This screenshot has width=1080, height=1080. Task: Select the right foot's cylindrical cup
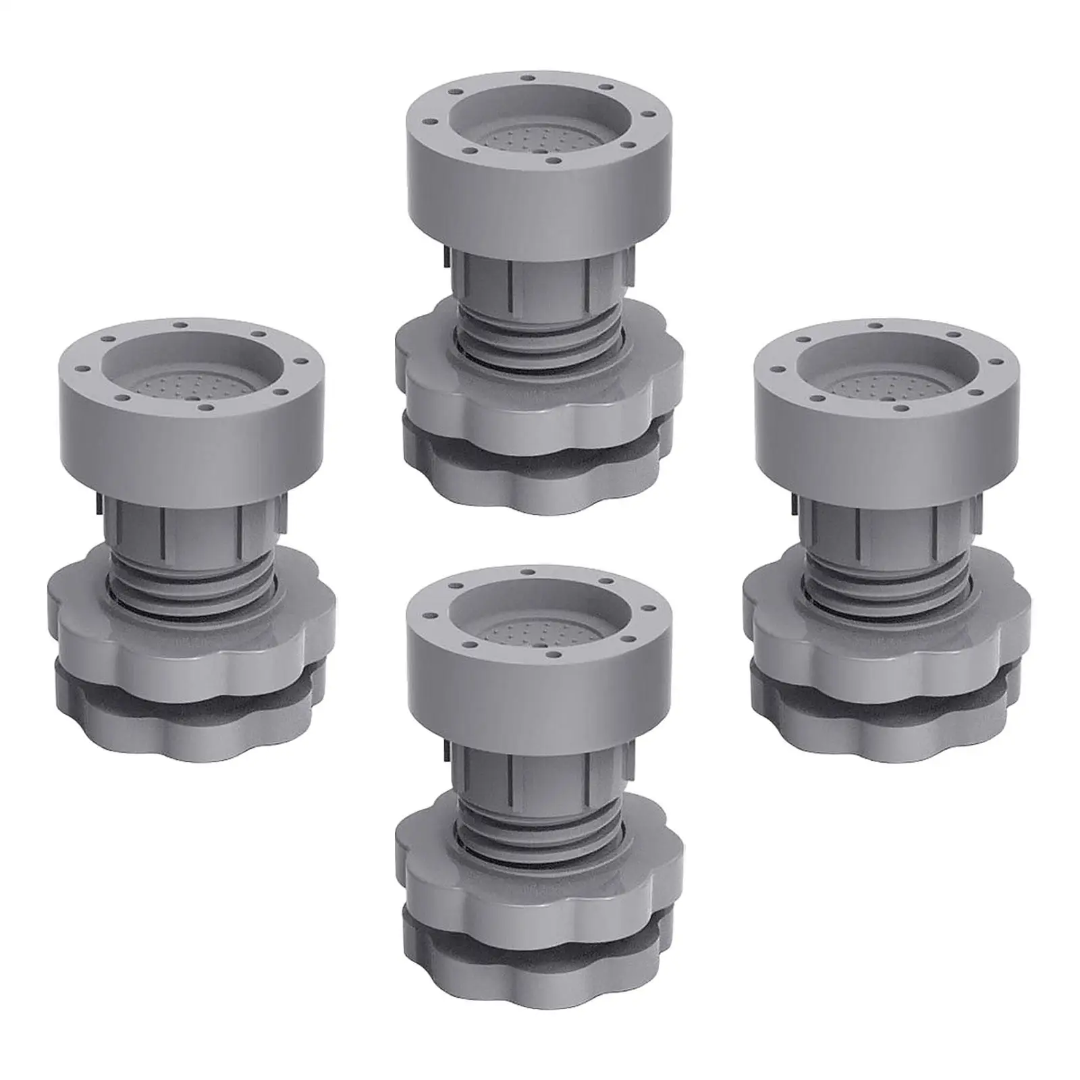click(884, 432)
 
